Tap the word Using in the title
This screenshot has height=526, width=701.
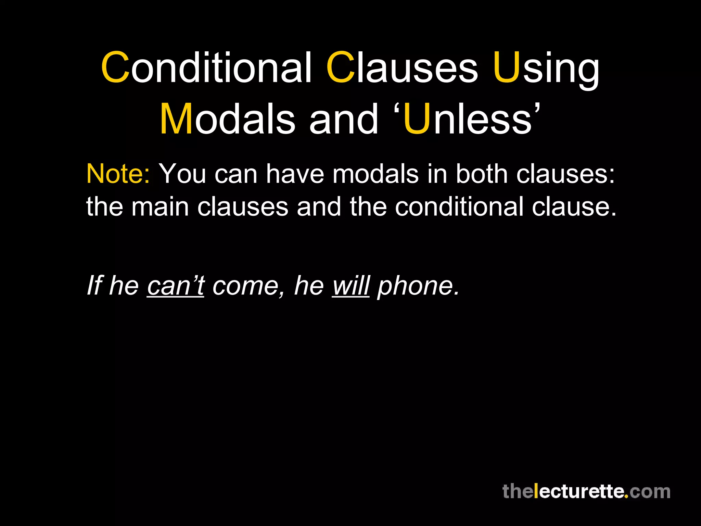point(546,67)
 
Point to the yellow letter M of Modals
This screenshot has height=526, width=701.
point(176,119)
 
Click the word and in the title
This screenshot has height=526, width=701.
point(344,119)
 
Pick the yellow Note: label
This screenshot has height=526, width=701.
point(118,174)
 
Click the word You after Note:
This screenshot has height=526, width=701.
point(183,174)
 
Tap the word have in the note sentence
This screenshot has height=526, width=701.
point(295,174)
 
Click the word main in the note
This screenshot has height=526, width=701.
point(160,206)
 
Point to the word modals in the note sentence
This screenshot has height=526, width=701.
point(375,174)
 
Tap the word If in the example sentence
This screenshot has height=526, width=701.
point(95,285)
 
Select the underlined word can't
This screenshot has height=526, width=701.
point(176,285)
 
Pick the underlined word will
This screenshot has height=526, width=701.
point(351,285)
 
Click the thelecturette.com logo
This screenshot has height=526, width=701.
point(586,491)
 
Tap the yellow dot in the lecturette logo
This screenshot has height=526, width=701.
point(626,497)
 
